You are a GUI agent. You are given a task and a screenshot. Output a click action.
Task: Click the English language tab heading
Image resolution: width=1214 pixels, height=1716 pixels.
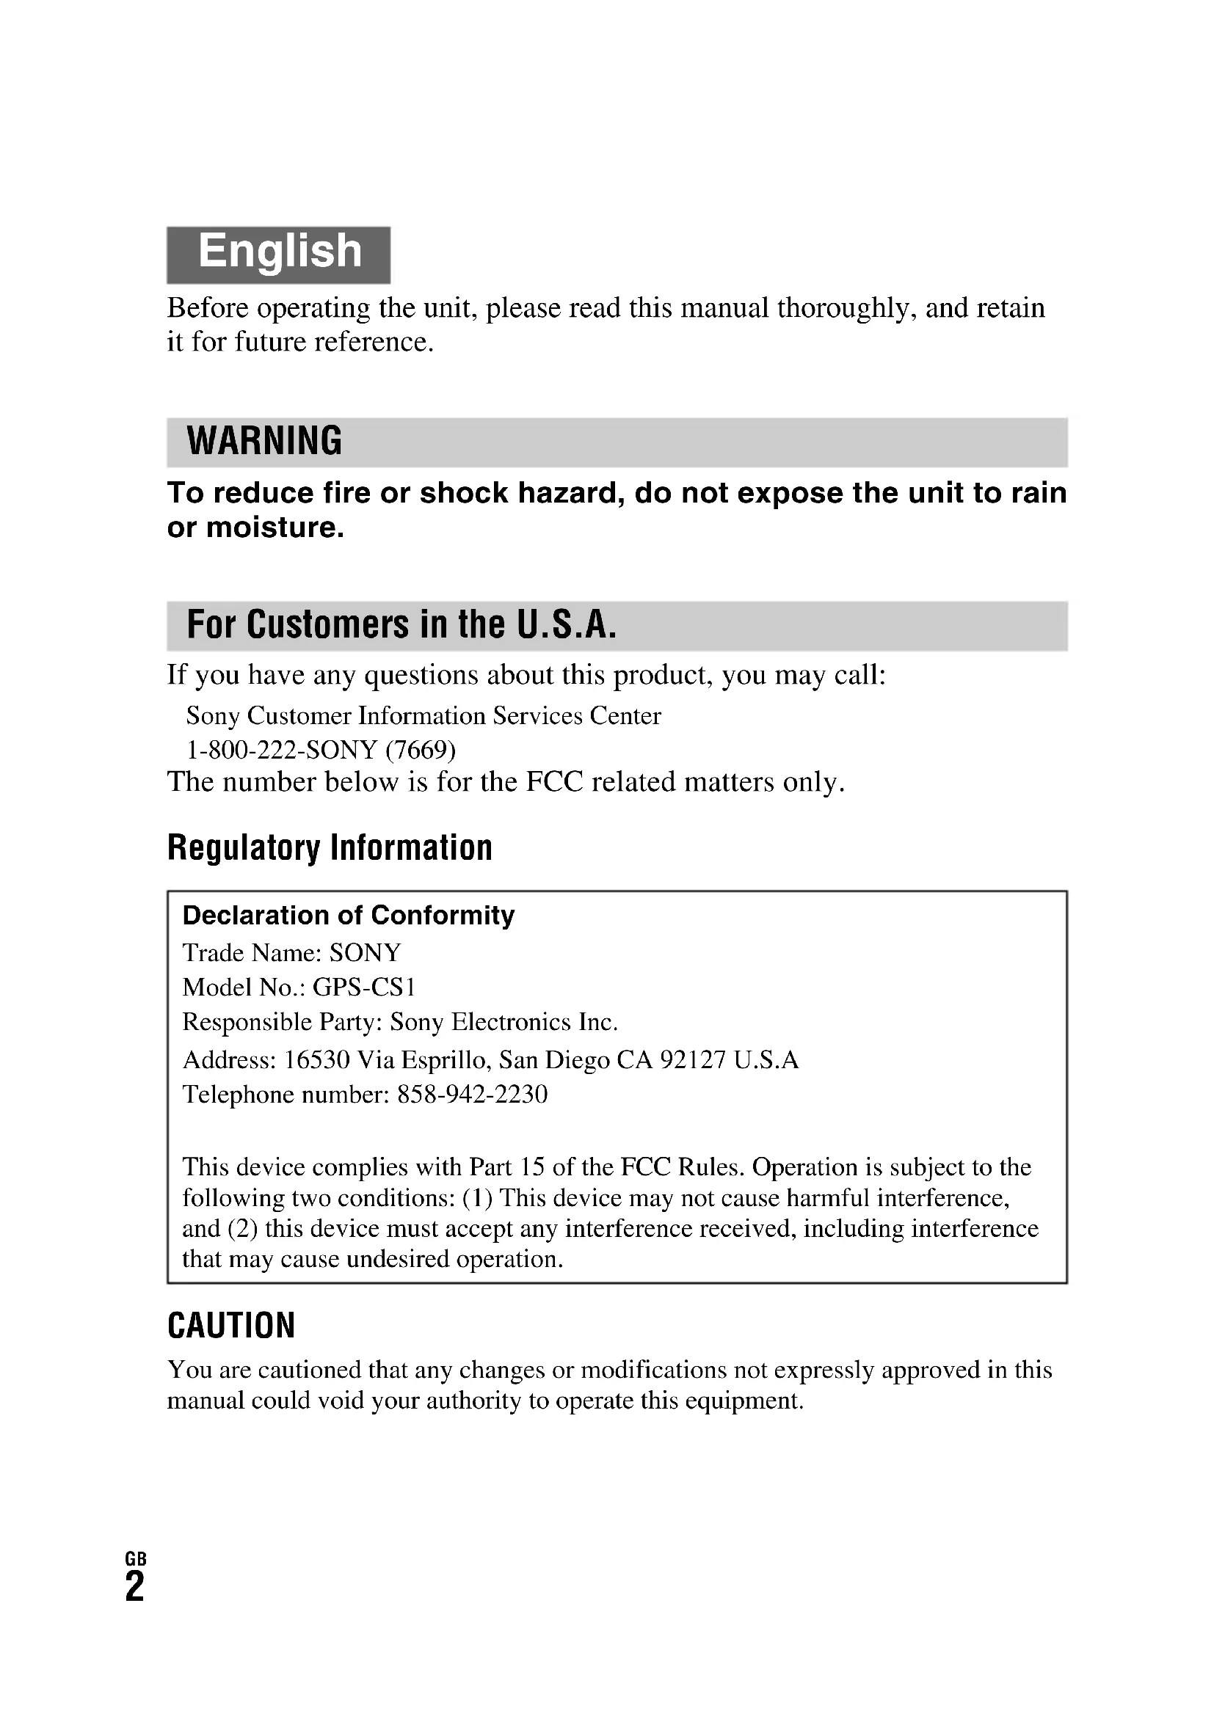(279, 252)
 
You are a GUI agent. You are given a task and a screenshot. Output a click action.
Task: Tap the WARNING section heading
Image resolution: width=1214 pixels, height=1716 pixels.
(264, 441)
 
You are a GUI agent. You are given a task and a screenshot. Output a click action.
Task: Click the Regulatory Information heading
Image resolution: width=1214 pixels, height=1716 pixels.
(330, 847)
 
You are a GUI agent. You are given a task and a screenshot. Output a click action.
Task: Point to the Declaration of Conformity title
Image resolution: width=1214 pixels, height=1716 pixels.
(349, 915)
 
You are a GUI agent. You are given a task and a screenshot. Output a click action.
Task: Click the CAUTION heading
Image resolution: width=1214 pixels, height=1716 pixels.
(231, 1325)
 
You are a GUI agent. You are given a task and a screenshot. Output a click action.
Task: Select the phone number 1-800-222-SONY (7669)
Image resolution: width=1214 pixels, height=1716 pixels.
(321, 749)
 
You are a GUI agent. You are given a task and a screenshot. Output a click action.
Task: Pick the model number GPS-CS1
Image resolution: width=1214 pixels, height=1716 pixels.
(363, 987)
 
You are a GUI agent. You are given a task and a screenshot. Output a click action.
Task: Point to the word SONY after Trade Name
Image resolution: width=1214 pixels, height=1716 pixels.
(365, 953)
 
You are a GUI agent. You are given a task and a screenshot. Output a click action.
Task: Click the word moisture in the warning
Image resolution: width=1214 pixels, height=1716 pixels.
(275, 527)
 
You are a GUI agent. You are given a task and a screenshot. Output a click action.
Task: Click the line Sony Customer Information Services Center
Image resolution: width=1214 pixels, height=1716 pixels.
(423, 716)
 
